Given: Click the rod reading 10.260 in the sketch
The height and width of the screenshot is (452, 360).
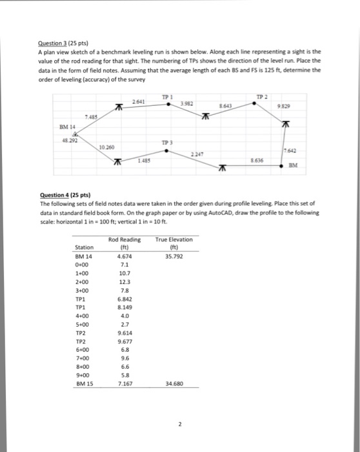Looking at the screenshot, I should coord(106,147).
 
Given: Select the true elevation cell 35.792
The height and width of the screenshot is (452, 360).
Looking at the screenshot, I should coord(174,256).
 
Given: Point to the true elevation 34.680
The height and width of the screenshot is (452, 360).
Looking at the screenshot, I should coord(174,383).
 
